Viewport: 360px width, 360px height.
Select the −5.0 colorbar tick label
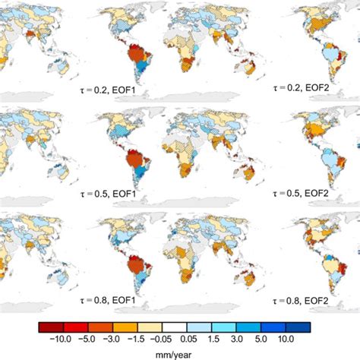click(x=85, y=337)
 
